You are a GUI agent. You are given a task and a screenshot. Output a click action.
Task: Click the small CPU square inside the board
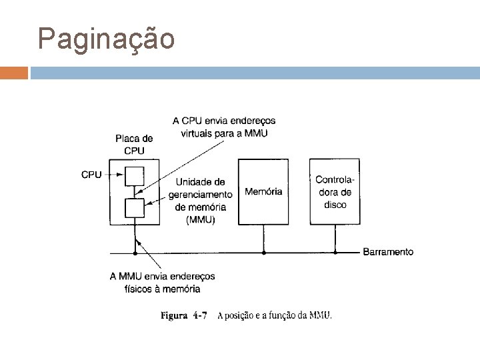coord(135,175)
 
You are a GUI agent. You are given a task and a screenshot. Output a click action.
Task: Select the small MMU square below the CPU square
coord(135,207)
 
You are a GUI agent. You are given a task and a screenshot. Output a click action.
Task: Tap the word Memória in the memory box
coord(264,192)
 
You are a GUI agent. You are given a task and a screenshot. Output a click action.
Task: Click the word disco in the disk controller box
coord(335,205)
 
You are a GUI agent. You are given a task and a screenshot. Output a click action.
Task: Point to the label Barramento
coord(388,252)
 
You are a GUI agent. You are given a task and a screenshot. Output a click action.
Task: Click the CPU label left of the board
coord(91,175)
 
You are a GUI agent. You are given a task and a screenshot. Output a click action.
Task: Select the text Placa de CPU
coord(134,145)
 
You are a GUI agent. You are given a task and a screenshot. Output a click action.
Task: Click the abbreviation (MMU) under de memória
coord(200,219)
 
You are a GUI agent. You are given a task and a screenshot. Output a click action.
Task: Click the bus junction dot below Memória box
coord(264,253)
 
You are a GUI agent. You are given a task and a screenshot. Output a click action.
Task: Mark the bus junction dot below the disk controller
coord(335,253)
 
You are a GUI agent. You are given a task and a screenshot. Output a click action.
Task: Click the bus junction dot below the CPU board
coord(135,253)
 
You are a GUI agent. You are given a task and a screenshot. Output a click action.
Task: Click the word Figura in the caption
coord(175,315)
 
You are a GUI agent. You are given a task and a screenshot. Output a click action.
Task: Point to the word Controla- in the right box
coord(335,180)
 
